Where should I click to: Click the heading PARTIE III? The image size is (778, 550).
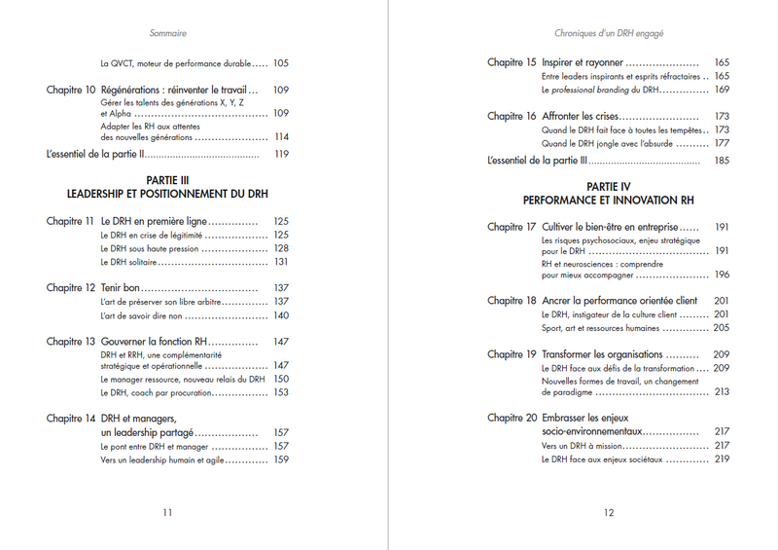coord(166,180)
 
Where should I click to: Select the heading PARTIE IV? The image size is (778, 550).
coord(608,186)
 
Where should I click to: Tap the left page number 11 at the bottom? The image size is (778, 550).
coord(167,512)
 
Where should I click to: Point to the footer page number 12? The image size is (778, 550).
coord(609,512)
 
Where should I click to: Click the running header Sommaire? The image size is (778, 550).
coord(168,32)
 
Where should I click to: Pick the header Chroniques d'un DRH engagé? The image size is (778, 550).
coord(609,32)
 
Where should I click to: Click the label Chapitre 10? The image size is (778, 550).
coord(70,90)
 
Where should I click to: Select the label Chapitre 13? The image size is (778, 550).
coord(70,342)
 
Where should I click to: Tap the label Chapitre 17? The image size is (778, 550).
coord(512,227)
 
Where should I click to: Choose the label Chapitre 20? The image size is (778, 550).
coord(512,417)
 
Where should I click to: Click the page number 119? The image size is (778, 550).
coord(282,154)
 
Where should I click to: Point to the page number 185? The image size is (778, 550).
coord(722,160)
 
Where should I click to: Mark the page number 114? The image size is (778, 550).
coord(282,137)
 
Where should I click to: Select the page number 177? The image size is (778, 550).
coord(722,143)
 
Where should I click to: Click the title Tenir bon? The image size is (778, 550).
coord(122,288)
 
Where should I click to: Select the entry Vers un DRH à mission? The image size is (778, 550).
coord(582,445)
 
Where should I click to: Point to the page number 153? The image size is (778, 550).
coord(281,392)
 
